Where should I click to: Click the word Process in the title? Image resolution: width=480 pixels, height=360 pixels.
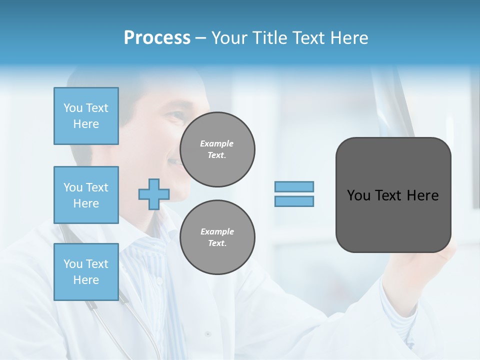point(157,37)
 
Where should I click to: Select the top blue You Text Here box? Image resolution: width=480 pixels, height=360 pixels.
point(86,116)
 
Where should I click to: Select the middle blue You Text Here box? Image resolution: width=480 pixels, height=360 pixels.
point(86,195)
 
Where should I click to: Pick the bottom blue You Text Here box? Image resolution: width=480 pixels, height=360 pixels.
point(86,271)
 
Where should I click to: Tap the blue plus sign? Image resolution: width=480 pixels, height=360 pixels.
point(154,194)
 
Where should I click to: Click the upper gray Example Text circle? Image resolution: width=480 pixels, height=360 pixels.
point(217,149)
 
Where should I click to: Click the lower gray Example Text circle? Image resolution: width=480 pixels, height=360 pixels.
point(217,237)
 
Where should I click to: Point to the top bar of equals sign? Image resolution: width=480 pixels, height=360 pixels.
point(294,187)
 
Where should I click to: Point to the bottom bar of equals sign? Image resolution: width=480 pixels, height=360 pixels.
point(294,201)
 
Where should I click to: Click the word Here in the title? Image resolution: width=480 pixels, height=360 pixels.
point(348,37)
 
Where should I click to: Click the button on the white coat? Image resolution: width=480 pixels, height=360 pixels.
point(208,333)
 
